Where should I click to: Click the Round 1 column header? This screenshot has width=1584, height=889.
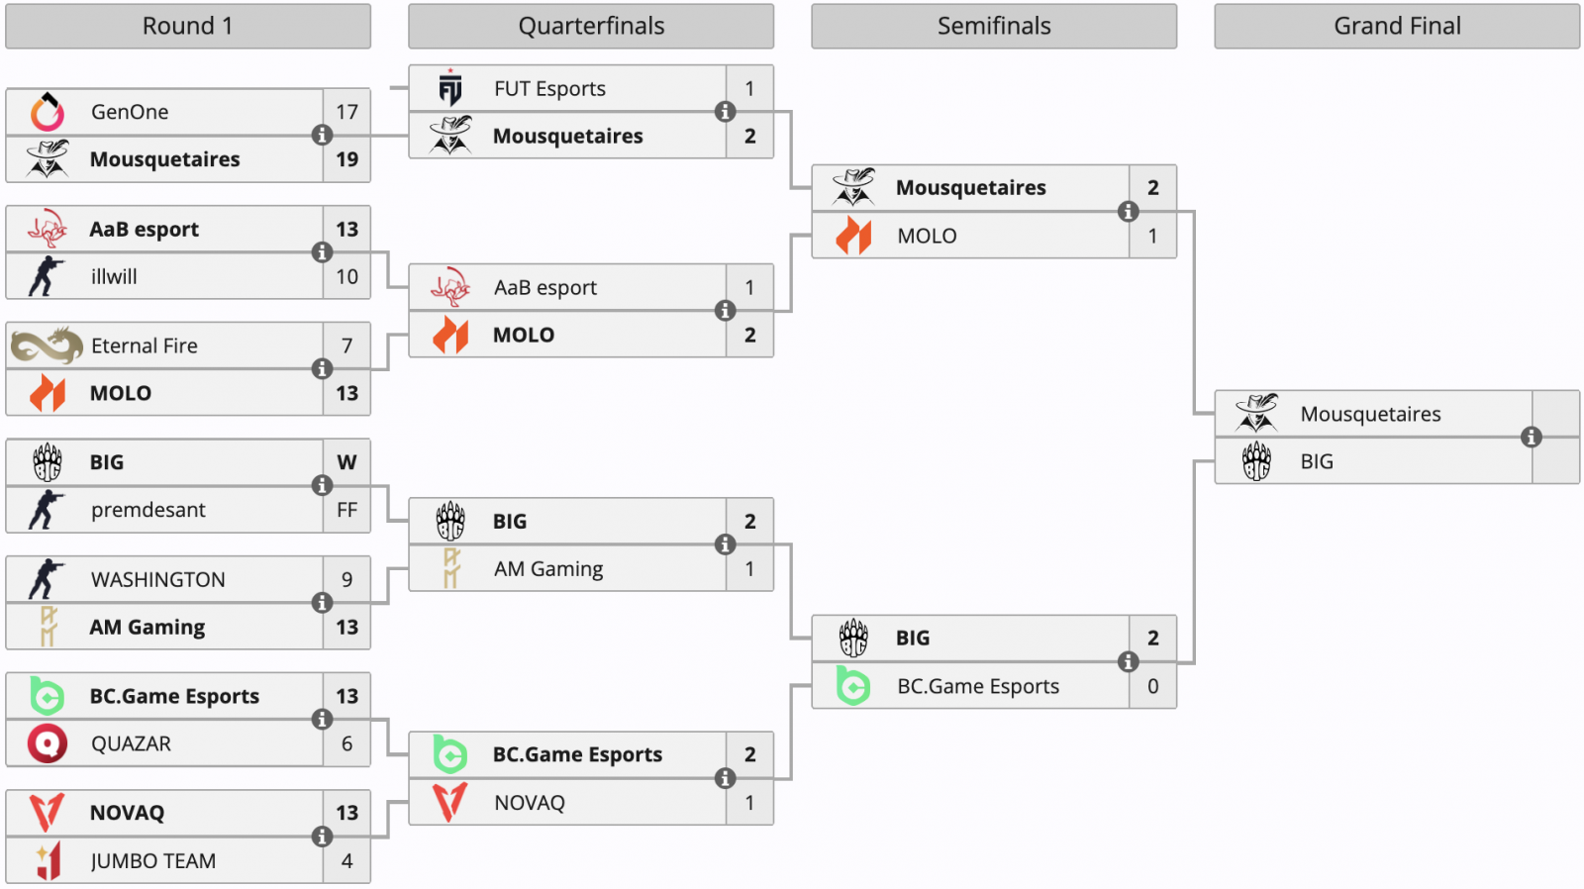click(x=187, y=27)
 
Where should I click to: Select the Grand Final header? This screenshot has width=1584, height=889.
click(x=1396, y=27)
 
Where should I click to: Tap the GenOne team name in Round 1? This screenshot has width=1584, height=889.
click(x=130, y=112)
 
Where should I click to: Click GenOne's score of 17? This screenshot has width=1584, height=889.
click(x=346, y=112)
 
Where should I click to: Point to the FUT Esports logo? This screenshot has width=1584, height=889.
click(x=450, y=89)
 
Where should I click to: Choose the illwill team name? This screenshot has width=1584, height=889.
click(x=114, y=277)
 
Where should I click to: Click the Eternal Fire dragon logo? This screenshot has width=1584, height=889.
click(x=47, y=346)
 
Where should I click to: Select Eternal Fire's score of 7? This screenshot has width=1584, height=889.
click(x=346, y=346)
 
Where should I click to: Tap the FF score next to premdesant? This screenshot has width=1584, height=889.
click(x=346, y=510)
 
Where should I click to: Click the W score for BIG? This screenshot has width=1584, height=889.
click(x=346, y=462)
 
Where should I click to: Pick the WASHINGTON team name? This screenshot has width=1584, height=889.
click(x=157, y=580)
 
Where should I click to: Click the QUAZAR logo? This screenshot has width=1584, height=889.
click(x=47, y=743)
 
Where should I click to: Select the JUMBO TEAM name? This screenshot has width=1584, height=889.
click(x=153, y=861)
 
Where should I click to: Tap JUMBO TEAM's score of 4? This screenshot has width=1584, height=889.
click(x=346, y=861)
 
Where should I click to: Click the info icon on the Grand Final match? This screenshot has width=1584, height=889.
click(x=1532, y=438)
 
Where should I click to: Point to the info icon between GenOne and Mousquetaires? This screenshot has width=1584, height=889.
click(x=322, y=136)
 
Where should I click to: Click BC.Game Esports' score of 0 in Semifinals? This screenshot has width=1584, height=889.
click(x=1152, y=686)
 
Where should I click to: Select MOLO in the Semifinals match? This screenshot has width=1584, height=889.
click(x=927, y=237)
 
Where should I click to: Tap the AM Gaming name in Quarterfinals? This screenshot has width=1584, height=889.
click(x=548, y=569)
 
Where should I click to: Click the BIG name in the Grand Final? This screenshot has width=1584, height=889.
click(x=1317, y=462)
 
